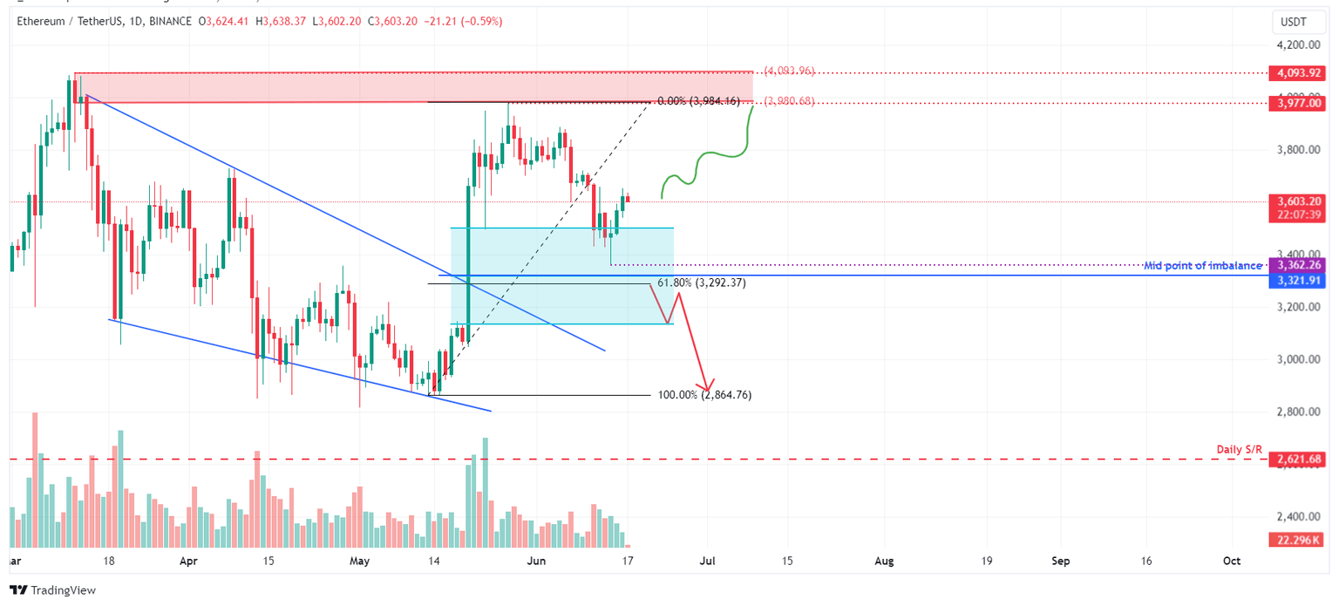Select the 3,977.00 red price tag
pyautogui.click(x=1299, y=103)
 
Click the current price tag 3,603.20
pyautogui.click(x=1299, y=201)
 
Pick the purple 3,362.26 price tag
pyautogui.click(x=1299, y=264)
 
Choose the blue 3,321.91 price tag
pyautogui.click(x=1299, y=280)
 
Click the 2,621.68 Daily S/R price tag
pyautogui.click(x=1299, y=459)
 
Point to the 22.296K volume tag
pyautogui.click(x=1299, y=541)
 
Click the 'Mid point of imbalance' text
pyautogui.click(x=1203, y=265)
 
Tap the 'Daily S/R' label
pyautogui.click(x=1239, y=450)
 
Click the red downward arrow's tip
pyautogui.click(x=706, y=391)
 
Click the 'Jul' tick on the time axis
pyautogui.click(x=707, y=561)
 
